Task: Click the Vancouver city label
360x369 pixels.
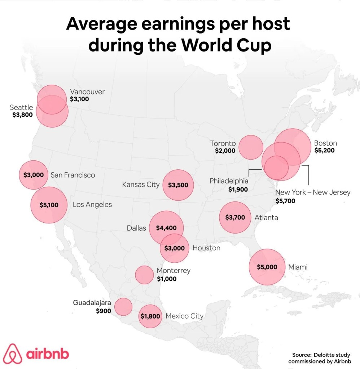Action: [x=87, y=92]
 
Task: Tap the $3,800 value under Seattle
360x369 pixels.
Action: [x=22, y=115]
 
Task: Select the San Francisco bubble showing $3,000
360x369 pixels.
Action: [x=33, y=175]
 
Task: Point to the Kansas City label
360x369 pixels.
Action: [x=141, y=184]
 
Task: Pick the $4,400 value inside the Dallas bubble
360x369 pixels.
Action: [x=166, y=228]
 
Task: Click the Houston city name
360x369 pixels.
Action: [x=206, y=248]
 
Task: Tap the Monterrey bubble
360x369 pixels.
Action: [x=144, y=275]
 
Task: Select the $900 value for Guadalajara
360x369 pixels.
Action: [x=103, y=310]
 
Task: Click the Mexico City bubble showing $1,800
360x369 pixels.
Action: [x=150, y=316]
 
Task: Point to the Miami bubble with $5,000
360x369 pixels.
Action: [x=267, y=267]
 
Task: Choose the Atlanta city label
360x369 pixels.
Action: [x=266, y=217]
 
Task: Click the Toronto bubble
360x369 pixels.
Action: [x=251, y=147]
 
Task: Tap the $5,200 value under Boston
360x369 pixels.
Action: [x=324, y=150]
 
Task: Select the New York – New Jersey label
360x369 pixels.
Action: [x=313, y=192]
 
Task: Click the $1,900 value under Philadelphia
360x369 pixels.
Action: [x=238, y=189]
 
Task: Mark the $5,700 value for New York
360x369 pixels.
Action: [x=285, y=201]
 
